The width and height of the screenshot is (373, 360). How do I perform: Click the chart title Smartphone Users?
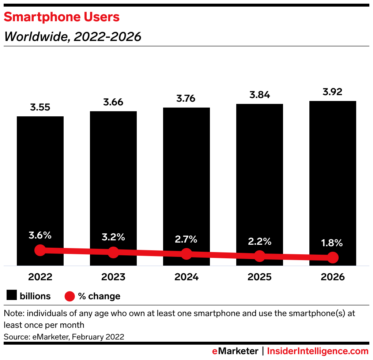click(61, 17)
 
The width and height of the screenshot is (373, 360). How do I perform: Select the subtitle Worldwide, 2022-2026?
click(72, 37)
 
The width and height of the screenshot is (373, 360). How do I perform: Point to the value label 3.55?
click(40, 108)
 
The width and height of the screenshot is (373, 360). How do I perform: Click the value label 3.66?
click(113, 102)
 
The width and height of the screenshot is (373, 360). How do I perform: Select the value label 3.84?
click(260, 95)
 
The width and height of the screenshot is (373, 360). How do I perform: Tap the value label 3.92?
click(333, 92)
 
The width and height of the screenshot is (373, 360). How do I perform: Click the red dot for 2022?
click(40, 250)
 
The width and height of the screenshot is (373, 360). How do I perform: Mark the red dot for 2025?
click(260, 256)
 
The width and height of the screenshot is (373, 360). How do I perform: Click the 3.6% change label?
click(40, 236)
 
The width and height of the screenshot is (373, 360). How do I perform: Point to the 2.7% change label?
click(186, 240)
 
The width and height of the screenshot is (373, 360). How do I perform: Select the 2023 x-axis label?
click(113, 277)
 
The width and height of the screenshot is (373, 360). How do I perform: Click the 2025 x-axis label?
click(260, 277)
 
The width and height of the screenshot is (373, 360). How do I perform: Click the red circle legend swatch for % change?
click(69, 296)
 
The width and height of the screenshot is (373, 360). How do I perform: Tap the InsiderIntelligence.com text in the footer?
click(318, 351)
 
